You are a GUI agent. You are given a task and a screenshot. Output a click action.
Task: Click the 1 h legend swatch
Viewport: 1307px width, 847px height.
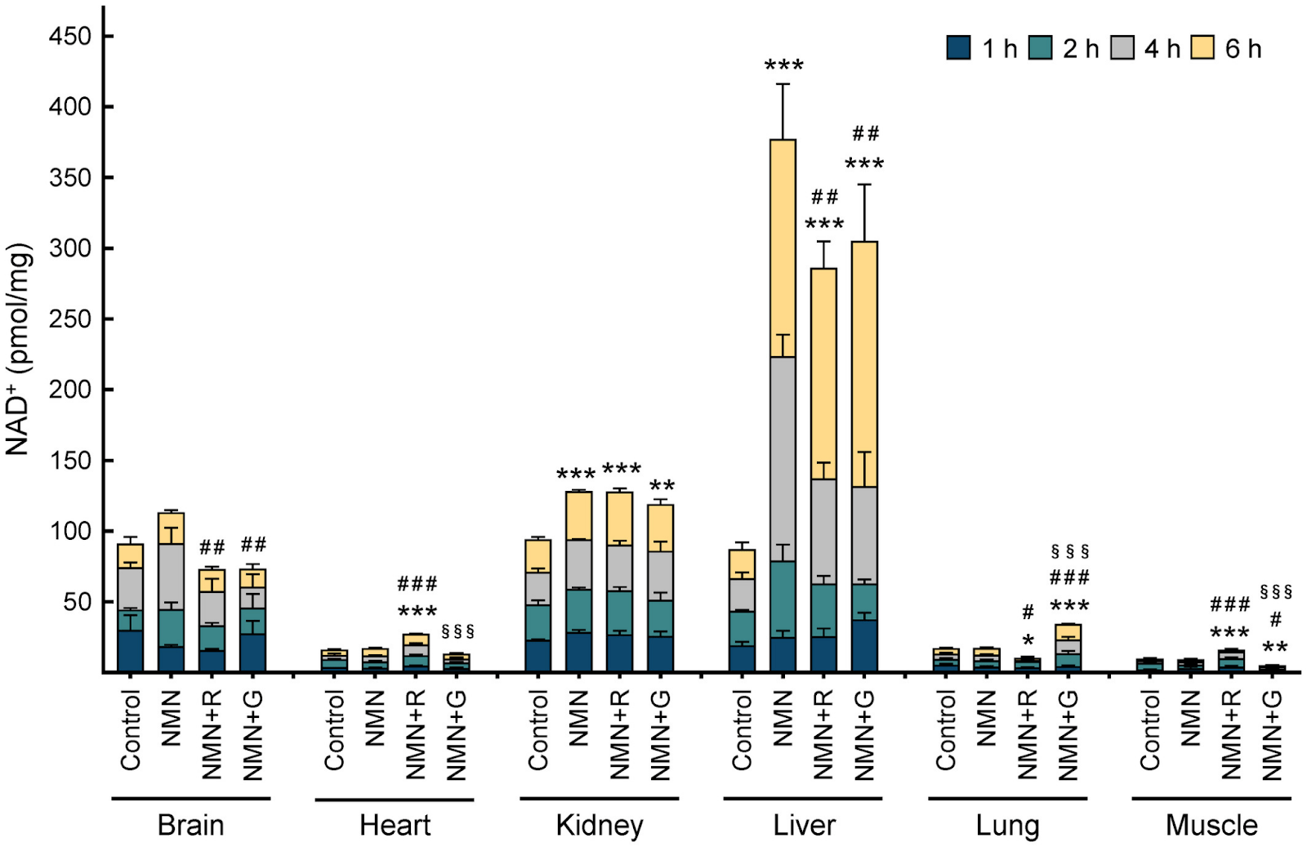tap(959, 48)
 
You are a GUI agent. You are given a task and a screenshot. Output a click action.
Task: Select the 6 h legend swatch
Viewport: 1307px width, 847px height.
tap(1202, 48)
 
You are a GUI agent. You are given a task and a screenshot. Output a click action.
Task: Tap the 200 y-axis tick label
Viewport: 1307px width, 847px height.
tap(69, 390)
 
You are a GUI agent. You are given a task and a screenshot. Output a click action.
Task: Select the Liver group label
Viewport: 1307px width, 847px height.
tap(804, 825)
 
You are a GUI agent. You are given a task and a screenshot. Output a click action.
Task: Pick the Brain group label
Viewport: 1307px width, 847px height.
tap(190, 825)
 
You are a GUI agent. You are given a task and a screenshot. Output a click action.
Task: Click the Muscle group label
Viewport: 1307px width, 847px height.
tap(1211, 825)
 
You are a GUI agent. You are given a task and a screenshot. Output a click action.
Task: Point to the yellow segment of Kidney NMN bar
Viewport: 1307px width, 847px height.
tap(578, 515)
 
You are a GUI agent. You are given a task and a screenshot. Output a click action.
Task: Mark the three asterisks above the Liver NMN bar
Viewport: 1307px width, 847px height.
tap(783, 66)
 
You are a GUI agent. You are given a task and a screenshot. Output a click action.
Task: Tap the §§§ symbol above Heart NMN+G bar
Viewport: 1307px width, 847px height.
tap(457, 631)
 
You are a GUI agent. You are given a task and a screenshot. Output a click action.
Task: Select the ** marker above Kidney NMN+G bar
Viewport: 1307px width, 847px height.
tap(662, 487)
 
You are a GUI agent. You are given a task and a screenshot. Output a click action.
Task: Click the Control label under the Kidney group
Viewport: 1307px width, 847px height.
tap(538, 729)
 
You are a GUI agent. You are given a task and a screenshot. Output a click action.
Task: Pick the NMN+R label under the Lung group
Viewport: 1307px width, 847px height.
tap(1028, 734)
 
